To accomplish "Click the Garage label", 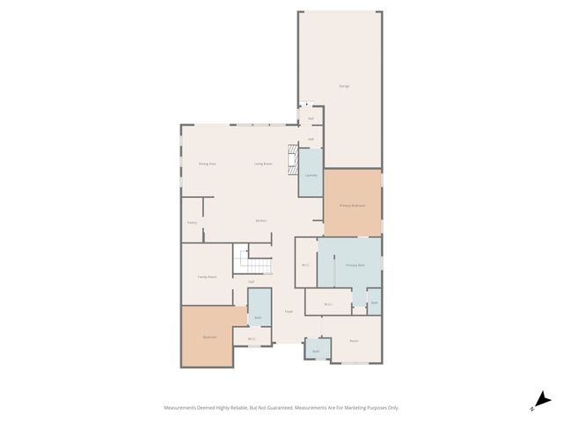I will pos(344,86).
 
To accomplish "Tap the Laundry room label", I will pos(311,176).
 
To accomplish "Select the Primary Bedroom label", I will pos(352,205).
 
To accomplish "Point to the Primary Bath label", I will pos(355,265).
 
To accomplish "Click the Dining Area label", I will pos(207,164).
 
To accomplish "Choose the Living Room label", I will pos(263,164).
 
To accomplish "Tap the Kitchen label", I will pos(261,221).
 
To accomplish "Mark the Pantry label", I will pos(192,222).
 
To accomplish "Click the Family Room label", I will pos(207,276).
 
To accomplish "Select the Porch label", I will pos(354,340).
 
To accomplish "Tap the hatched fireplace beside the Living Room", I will pos(293,163).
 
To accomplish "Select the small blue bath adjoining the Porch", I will pos(317,350).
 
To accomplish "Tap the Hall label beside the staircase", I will pos(251,282).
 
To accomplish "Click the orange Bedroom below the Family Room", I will pos(209,337).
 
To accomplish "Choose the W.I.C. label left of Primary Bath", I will pos(305,265).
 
